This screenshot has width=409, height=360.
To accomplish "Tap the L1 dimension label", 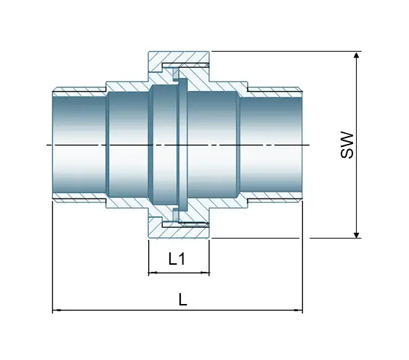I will click(178, 258).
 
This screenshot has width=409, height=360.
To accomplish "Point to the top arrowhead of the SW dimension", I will click(356, 55).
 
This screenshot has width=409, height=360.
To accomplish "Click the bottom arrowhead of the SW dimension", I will click(356, 233).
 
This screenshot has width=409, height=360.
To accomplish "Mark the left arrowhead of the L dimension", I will click(56, 311).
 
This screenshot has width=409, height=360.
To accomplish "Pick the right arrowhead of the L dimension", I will click(299, 311).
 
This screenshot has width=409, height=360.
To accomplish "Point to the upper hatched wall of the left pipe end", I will click(80, 92).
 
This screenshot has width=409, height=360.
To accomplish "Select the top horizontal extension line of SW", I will click(283, 52).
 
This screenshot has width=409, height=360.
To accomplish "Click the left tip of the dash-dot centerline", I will click(47, 145).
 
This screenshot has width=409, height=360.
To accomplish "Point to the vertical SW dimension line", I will click(356, 182).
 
